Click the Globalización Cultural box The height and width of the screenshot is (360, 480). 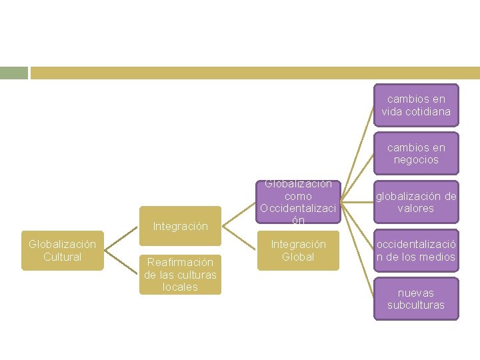point(62,251)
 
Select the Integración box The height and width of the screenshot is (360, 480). point(180,226)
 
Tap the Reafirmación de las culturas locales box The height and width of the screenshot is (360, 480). point(180,275)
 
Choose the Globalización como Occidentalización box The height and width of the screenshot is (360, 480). point(297,201)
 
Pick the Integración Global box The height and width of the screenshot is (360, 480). point(297,251)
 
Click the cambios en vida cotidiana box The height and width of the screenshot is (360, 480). point(416,105)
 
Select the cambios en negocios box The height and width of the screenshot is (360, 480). point(416,153)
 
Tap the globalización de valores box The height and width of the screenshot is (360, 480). point(416,202)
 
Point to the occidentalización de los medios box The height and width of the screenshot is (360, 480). point(416,251)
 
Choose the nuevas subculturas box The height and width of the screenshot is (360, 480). point(416,299)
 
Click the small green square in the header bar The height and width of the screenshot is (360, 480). point(13,73)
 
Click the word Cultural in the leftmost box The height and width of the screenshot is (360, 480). point(62,257)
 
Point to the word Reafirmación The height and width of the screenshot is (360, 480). point(180,262)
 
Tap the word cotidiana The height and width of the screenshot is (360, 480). point(416,112)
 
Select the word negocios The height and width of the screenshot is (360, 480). point(416,160)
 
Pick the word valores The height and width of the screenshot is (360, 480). point(416,209)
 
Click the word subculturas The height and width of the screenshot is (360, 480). point(416,305)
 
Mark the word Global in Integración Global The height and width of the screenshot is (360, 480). point(297,257)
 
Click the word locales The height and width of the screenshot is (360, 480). point(180,287)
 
